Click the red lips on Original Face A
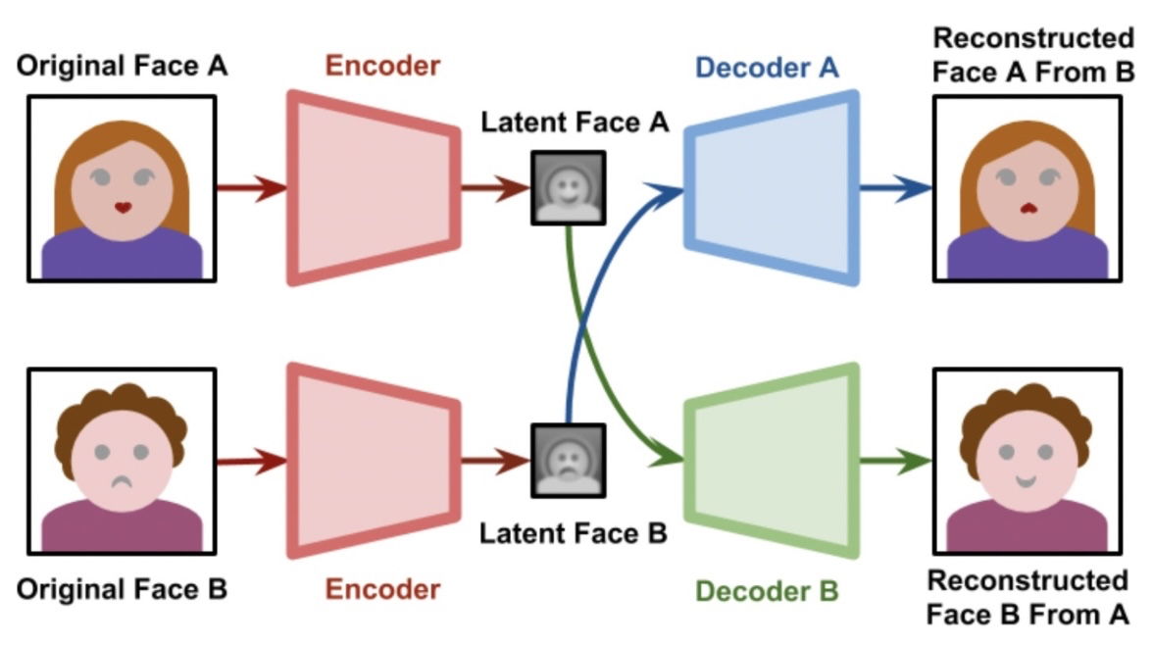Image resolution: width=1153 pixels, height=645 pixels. (x=123, y=208)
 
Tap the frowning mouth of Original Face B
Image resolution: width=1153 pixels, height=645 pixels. (x=122, y=481)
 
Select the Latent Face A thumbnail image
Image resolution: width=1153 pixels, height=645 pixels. (x=569, y=186)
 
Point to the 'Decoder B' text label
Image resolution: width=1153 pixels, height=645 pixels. (x=767, y=591)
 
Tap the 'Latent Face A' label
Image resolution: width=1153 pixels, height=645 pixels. (x=576, y=123)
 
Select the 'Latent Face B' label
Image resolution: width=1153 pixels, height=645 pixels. (x=574, y=534)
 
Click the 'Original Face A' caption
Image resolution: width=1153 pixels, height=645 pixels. (x=122, y=67)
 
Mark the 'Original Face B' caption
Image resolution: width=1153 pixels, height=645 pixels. (x=122, y=590)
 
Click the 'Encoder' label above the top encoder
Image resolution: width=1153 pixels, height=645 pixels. (x=383, y=67)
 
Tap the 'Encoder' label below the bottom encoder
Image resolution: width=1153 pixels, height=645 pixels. (x=383, y=590)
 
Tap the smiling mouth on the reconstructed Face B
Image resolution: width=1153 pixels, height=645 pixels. (x=1027, y=481)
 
